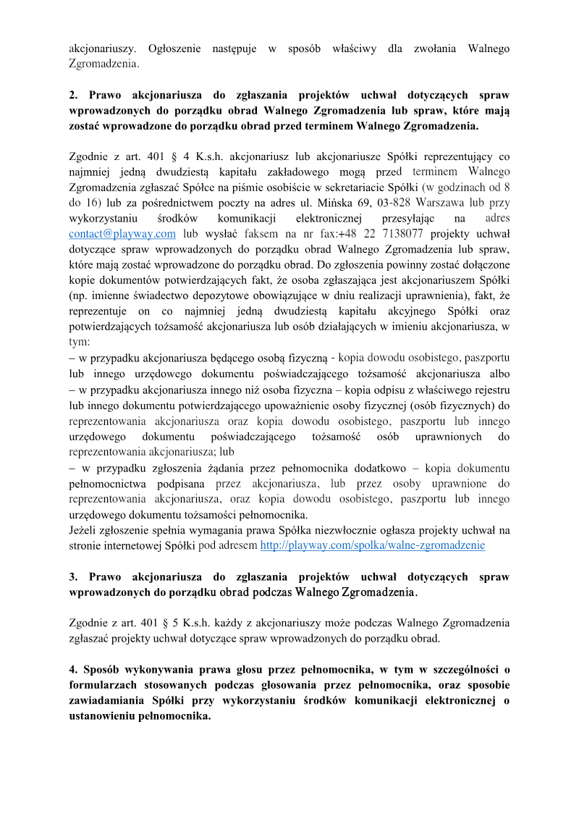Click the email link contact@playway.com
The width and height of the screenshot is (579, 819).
click(x=122, y=234)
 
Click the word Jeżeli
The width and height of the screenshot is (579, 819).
click(x=84, y=530)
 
